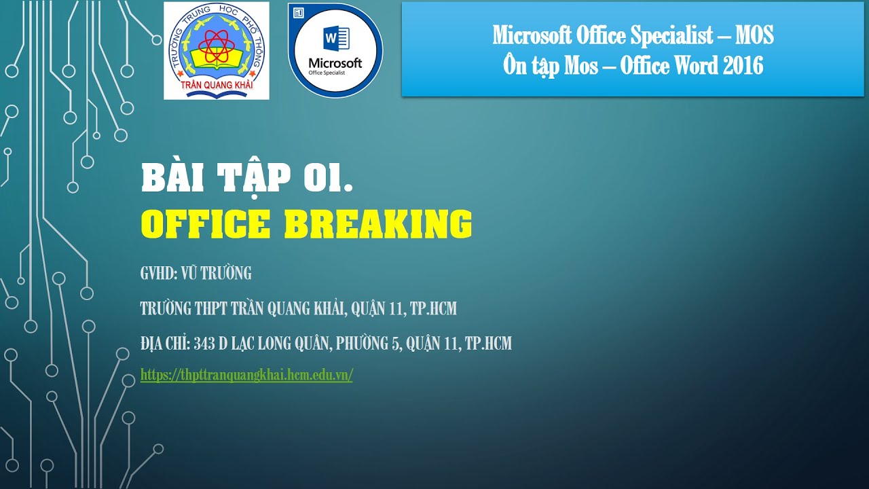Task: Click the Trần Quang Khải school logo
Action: click(216, 51)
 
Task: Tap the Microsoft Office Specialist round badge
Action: click(335, 51)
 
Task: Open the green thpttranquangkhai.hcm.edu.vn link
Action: click(246, 375)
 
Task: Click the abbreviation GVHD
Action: click(159, 274)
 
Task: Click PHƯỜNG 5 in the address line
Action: click(366, 344)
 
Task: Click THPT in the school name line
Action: click(211, 309)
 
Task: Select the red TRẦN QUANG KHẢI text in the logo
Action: click(217, 87)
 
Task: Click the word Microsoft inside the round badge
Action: click(335, 63)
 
